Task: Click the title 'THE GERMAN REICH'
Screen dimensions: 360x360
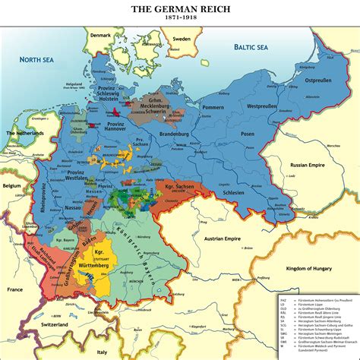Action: point(179,9)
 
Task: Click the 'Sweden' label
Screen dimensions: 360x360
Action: point(180,38)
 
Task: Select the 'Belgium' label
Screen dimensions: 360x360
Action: point(11,185)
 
